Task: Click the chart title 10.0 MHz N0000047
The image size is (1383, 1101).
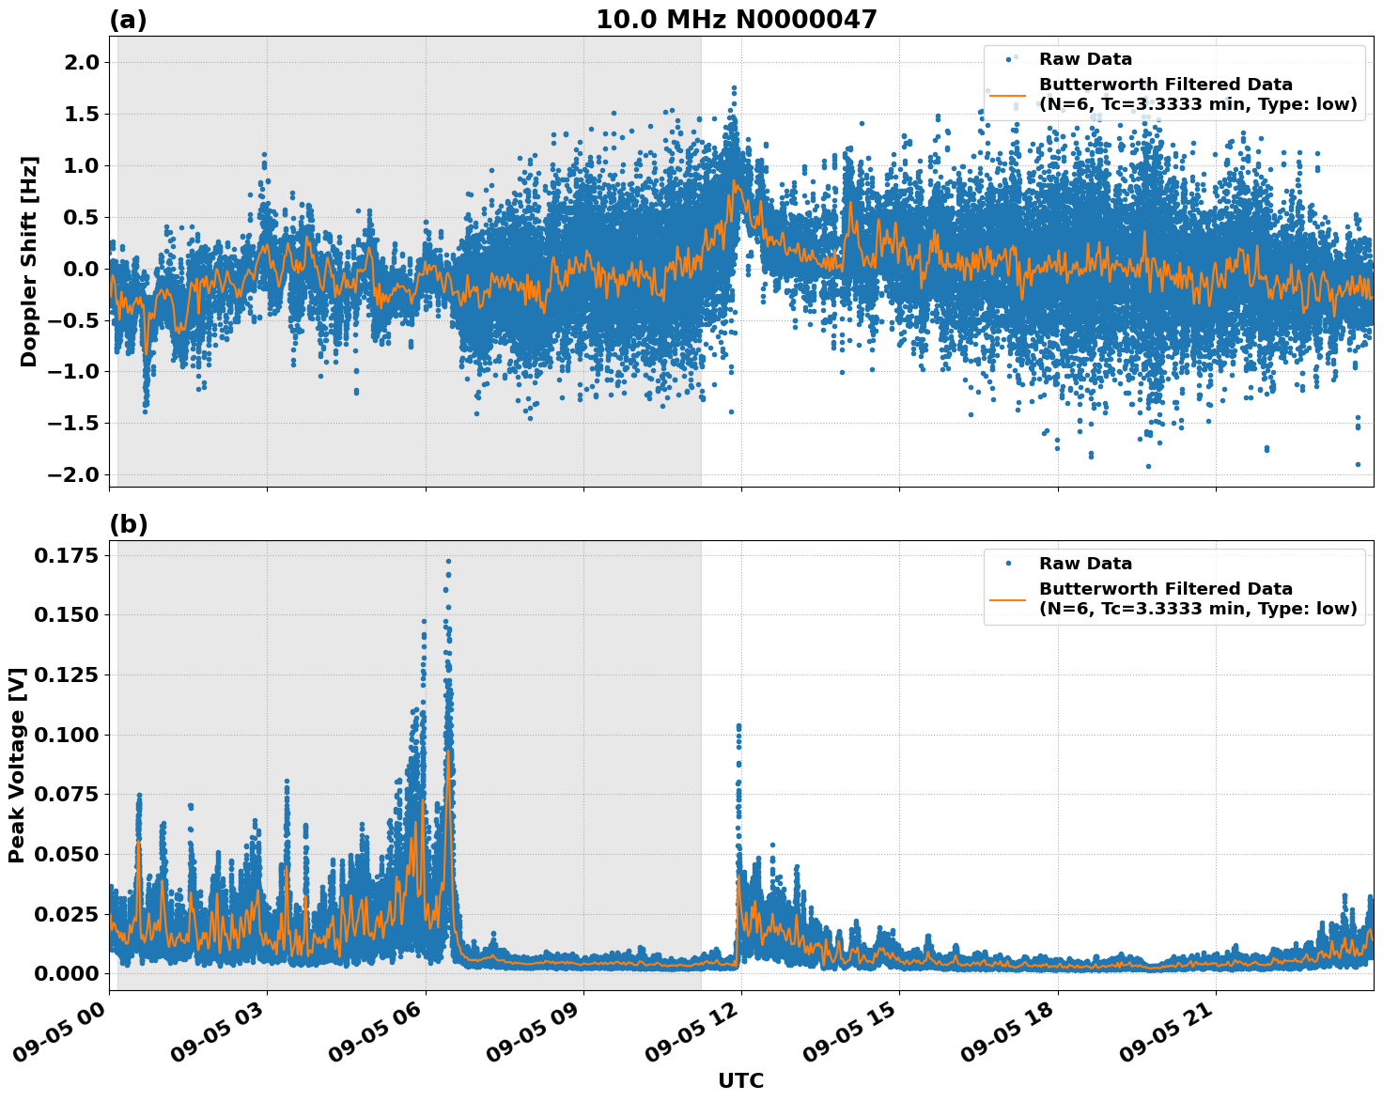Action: pos(736,20)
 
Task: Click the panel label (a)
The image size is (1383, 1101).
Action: pos(128,20)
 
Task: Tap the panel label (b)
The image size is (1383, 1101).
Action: pos(128,524)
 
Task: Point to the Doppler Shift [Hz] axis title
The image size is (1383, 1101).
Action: pos(29,261)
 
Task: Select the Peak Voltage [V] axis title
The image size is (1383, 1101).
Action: pos(16,765)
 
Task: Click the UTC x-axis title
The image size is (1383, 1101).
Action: pos(740,1080)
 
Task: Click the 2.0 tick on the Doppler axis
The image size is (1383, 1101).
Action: pos(79,63)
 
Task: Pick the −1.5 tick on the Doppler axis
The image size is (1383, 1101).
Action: pos(73,424)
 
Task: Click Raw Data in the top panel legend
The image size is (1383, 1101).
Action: pos(1085,59)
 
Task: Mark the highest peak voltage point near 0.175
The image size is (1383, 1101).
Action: pos(448,561)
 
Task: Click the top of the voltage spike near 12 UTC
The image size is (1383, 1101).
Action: pos(738,726)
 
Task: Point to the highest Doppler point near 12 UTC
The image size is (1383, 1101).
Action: pos(734,87)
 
